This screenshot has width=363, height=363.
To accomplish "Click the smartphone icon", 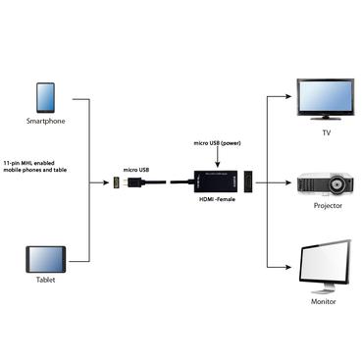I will (x=46, y=97).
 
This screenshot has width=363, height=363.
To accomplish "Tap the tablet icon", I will (x=46, y=260).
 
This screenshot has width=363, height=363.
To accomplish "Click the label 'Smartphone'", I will (x=46, y=122).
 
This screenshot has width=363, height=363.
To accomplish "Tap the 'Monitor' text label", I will (x=324, y=301).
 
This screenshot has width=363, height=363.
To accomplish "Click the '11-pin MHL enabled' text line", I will (x=37, y=163).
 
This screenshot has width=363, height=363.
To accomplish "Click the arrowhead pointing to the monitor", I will (x=291, y=268).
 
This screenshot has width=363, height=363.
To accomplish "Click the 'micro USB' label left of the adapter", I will (x=136, y=170).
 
